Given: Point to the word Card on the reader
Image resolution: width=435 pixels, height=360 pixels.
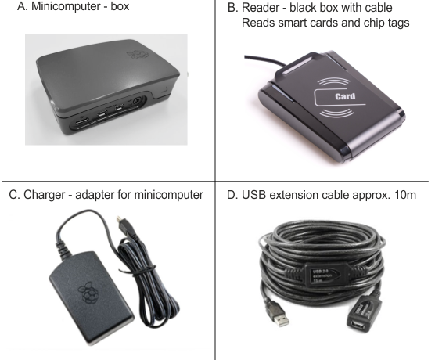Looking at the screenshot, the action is coord(345,96).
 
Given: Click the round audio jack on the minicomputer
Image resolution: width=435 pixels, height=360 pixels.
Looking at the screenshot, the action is coord(138,101).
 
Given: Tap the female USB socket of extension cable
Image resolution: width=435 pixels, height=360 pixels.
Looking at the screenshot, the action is coord(358,323).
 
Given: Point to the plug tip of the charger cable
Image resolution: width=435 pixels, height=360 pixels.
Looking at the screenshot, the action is coord(120,219).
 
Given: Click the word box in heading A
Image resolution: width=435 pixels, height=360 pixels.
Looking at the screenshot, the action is coord(120,6).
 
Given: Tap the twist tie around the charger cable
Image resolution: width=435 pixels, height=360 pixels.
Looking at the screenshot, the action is coord(144,270).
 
